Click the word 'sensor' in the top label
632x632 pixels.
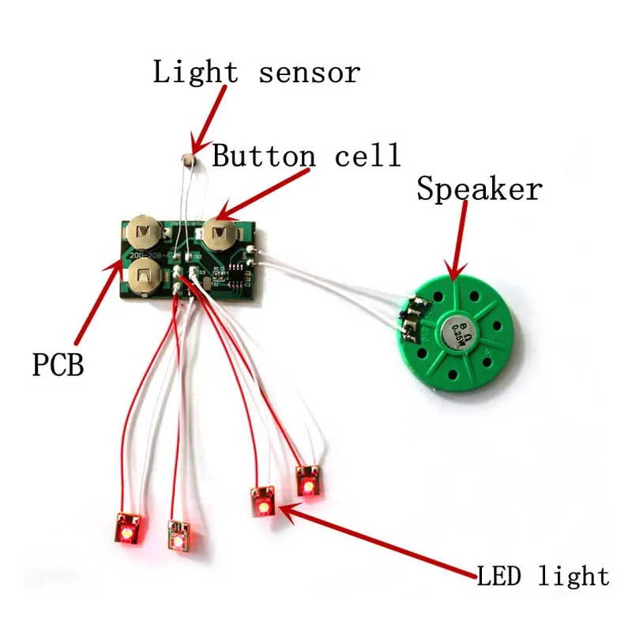pos(309,73)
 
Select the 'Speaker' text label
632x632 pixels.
pos(480,190)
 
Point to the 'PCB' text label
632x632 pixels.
pos(58,366)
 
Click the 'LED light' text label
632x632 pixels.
pos(543,576)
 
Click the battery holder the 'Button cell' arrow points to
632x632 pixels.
pos(220,234)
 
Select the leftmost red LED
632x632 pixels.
pos(127,529)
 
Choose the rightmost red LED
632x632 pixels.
pos(307,481)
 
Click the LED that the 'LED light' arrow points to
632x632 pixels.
pos(261,502)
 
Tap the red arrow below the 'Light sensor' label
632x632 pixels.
pos(209,118)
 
